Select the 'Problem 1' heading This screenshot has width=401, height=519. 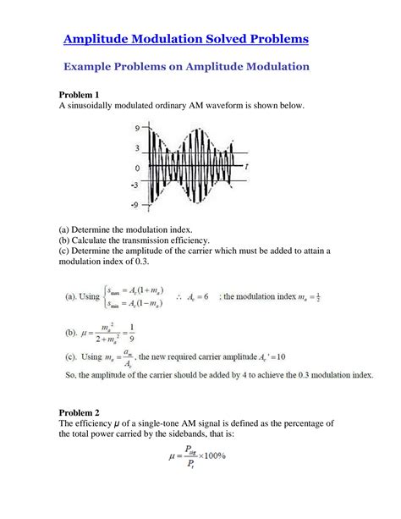[x=80, y=94]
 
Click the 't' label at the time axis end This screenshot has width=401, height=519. [x=245, y=167]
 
